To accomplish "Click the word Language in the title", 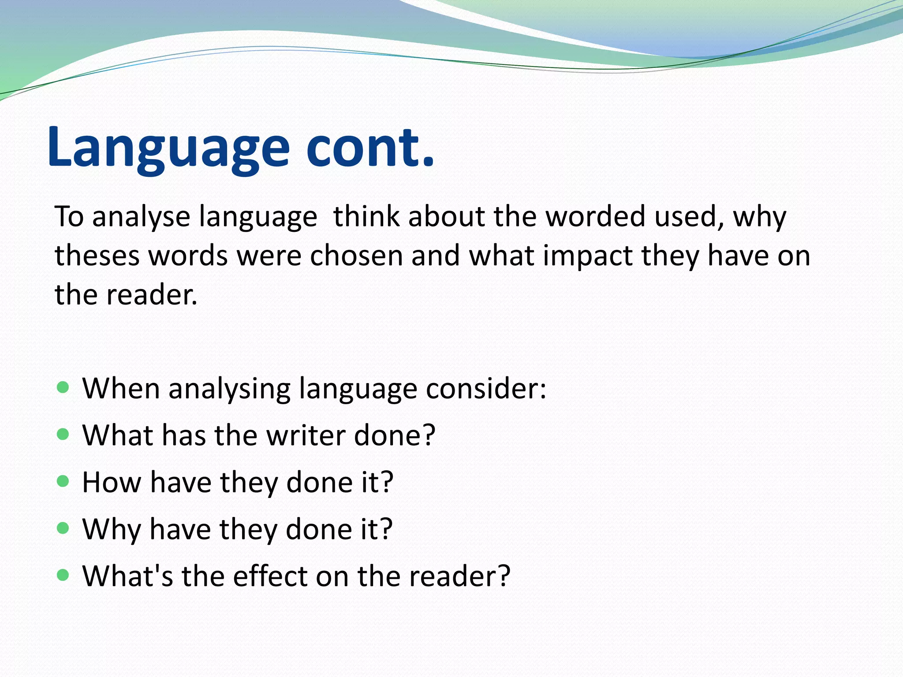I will (x=168, y=148).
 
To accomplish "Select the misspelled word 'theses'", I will (x=97, y=256).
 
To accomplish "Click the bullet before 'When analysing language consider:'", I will (x=63, y=388).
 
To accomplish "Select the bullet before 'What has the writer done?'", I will (x=63, y=435).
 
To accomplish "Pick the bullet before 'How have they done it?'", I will (x=63, y=481).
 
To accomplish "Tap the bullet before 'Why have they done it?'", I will (x=63, y=528).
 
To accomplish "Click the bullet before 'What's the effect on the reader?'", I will (x=63, y=575).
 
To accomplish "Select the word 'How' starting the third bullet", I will (x=112, y=482).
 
